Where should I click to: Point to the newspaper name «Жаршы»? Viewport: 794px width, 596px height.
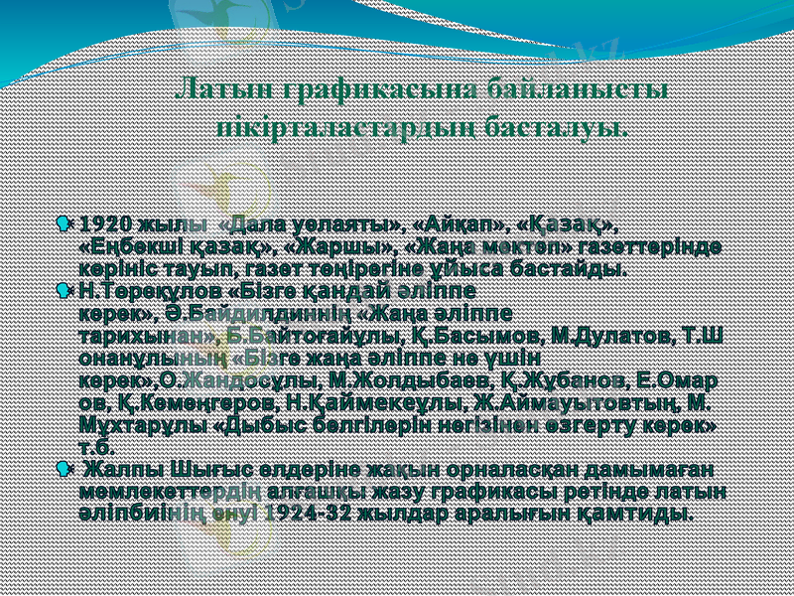[x=335, y=245]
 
